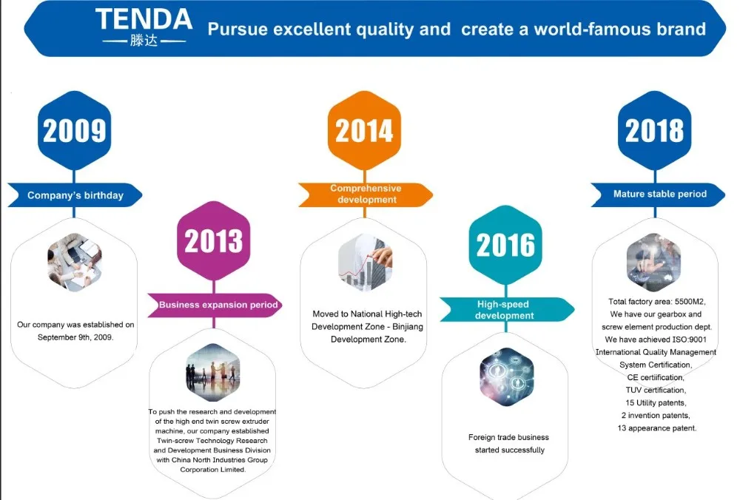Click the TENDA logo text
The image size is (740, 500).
click(144, 20)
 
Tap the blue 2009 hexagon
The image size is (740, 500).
click(75, 130)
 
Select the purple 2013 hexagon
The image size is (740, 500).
click(214, 240)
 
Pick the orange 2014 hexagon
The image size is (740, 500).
click(364, 130)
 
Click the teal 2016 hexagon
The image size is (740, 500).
click(505, 245)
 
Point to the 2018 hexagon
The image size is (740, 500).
click(655, 130)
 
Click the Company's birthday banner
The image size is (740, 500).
click(75, 195)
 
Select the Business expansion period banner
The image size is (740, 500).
click(215, 305)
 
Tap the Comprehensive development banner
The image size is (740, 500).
click(366, 195)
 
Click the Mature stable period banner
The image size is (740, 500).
click(658, 195)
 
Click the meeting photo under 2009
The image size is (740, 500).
click(75, 263)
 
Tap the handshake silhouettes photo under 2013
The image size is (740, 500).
click(213, 373)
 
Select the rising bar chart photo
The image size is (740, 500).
click(366, 263)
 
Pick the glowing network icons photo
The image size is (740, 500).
click(507, 377)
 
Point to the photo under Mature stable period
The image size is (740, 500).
click(653, 263)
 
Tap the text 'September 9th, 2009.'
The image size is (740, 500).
click(75, 337)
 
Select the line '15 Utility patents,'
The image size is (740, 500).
click(656, 403)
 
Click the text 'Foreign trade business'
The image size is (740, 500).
click(509, 437)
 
